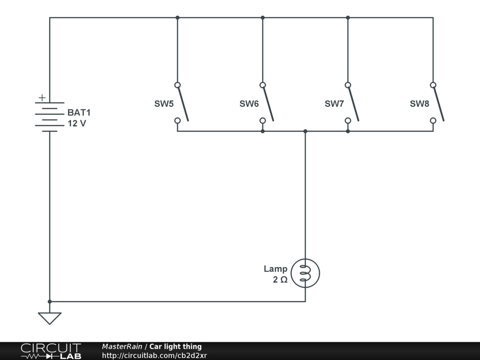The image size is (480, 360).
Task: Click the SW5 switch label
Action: (x=164, y=104)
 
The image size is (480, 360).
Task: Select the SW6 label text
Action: (x=249, y=104)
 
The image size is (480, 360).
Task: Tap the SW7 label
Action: (x=334, y=104)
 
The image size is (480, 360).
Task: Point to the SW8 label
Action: (x=420, y=104)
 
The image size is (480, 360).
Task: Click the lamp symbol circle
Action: (x=305, y=273)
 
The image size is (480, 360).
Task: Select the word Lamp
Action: (x=275, y=269)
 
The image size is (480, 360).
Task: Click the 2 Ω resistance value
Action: (x=280, y=280)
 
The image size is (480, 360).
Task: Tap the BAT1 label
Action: (x=79, y=112)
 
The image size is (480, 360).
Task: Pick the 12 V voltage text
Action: (x=77, y=124)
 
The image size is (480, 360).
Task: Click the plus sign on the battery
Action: (x=42, y=98)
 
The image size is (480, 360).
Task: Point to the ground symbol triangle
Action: (x=50, y=318)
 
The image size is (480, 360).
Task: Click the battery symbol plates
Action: (x=49, y=117)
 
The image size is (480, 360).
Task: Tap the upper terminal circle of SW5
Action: (x=177, y=85)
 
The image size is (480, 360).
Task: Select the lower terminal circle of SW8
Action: (x=433, y=120)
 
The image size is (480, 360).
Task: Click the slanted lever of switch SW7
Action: (x=353, y=103)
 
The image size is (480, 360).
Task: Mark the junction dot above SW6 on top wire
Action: (x=262, y=18)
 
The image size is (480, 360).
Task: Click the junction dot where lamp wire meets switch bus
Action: (x=305, y=131)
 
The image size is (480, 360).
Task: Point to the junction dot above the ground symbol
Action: (x=50, y=301)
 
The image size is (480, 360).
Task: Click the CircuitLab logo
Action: (x=51, y=351)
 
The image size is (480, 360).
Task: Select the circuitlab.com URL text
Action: (x=154, y=355)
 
